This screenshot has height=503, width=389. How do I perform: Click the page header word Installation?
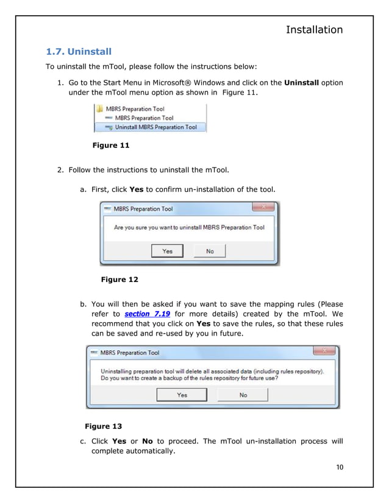[314, 29]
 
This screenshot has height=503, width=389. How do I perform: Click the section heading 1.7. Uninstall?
[79, 51]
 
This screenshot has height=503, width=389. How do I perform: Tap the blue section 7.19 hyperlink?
[147, 314]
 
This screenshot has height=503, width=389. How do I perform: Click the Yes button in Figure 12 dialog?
[167, 251]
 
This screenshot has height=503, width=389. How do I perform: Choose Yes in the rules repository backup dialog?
[182, 395]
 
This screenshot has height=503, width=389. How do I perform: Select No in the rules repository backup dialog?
[243, 395]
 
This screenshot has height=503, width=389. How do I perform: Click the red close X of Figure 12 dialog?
[263, 208]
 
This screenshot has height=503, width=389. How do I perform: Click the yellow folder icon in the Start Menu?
[99, 109]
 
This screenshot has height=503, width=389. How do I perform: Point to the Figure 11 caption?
[110, 146]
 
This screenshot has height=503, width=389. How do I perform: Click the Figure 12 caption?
[119, 280]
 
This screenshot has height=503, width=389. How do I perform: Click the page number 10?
[340, 467]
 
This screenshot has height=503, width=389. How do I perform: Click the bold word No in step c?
[147, 441]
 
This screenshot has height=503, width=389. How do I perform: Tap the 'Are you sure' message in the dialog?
[190, 227]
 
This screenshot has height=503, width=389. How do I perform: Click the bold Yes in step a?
[137, 189]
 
